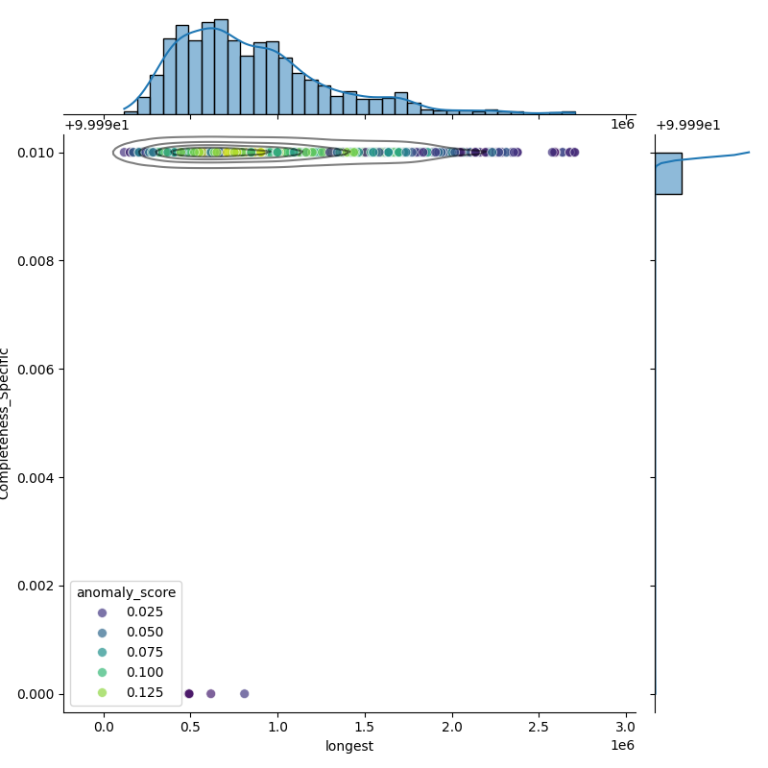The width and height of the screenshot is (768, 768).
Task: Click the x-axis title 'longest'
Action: pos(349,746)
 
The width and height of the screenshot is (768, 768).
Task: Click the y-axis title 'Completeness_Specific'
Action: pos(5,423)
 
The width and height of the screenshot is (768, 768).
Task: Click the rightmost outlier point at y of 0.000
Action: pos(244,693)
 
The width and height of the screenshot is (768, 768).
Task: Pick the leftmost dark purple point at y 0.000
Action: pos(189,693)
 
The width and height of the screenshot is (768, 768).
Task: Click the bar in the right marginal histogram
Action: pos(668,174)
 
